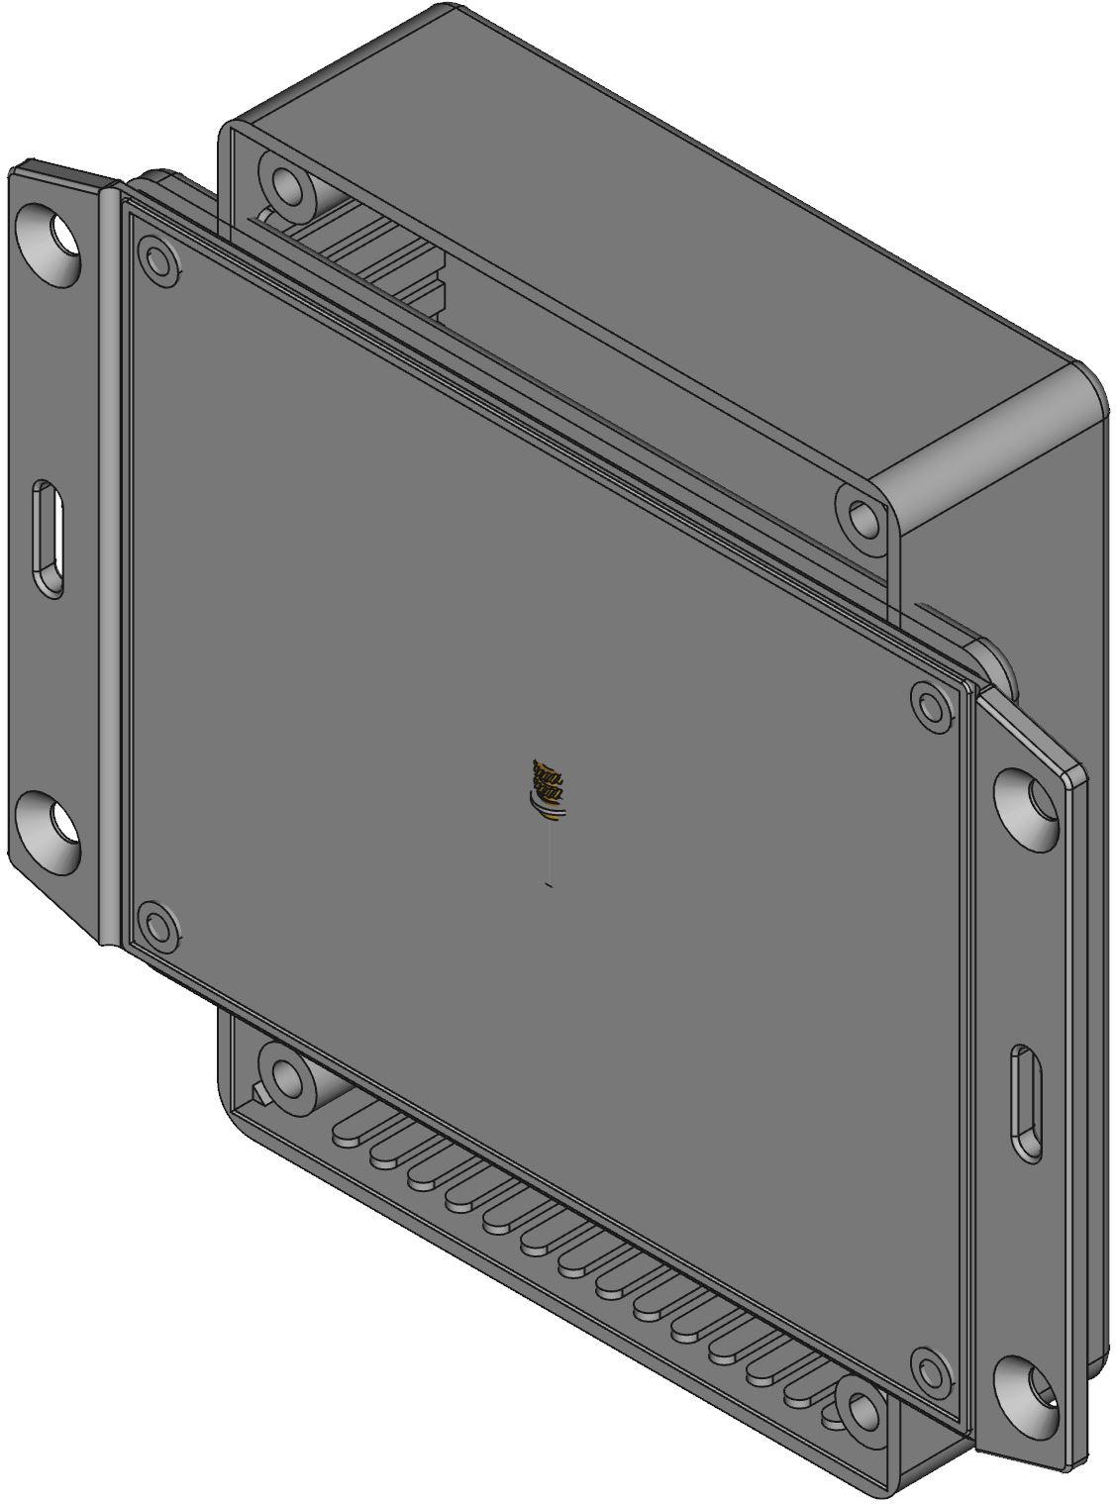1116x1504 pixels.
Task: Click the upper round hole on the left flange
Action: pyautogui.click(x=51, y=241)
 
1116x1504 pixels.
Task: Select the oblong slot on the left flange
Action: pyautogui.click(x=49, y=538)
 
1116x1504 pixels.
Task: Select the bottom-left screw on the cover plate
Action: pyautogui.click(x=157, y=928)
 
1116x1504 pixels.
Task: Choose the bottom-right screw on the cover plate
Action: pyautogui.click(x=930, y=1372)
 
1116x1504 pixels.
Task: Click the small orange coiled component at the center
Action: pyautogui.click(x=548, y=787)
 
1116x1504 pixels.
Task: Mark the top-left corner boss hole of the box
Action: pyautogui.click(x=286, y=184)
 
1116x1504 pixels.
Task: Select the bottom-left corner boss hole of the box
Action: pyautogui.click(x=285, y=1076)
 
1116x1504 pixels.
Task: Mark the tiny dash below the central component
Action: pyautogui.click(x=549, y=884)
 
